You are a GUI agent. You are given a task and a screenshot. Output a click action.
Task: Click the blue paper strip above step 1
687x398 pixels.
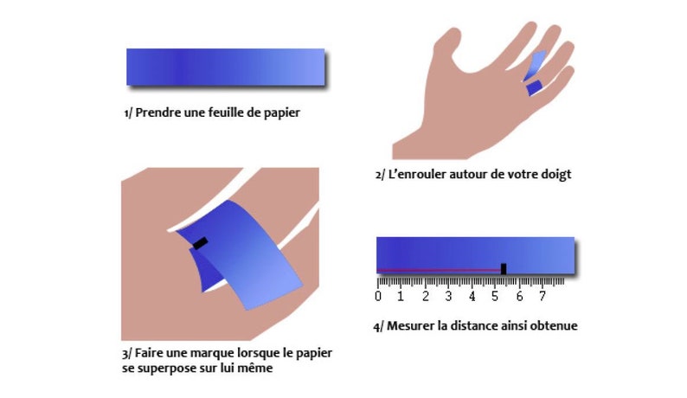pyautogui.click(x=225, y=67)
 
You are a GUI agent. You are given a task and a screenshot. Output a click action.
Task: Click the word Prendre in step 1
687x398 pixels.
pyautogui.click(x=158, y=112)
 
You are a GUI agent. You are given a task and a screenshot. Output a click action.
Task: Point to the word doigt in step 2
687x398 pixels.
pyautogui.click(x=555, y=174)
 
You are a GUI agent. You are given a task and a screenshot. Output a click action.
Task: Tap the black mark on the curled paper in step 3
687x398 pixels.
pyautogui.click(x=201, y=243)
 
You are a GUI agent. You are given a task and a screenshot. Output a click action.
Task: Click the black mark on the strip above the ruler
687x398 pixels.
pyautogui.click(x=504, y=268)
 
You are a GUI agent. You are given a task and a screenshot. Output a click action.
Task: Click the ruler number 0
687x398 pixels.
pyautogui.click(x=378, y=297)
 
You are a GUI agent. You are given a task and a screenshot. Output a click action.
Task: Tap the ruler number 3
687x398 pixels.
pyautogui.click(x=449, y=297)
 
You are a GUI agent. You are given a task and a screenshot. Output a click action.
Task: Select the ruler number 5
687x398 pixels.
pyautogui.click(x=496, y=297)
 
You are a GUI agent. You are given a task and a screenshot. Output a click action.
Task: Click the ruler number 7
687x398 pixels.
pyautogui.click(x=543, y=297)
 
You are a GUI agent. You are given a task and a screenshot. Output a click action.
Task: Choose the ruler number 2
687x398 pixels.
pyautogui.click(x=426, y=297)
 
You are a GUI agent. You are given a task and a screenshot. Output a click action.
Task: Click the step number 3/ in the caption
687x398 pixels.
pyautogui.click(x=127, y=354)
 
